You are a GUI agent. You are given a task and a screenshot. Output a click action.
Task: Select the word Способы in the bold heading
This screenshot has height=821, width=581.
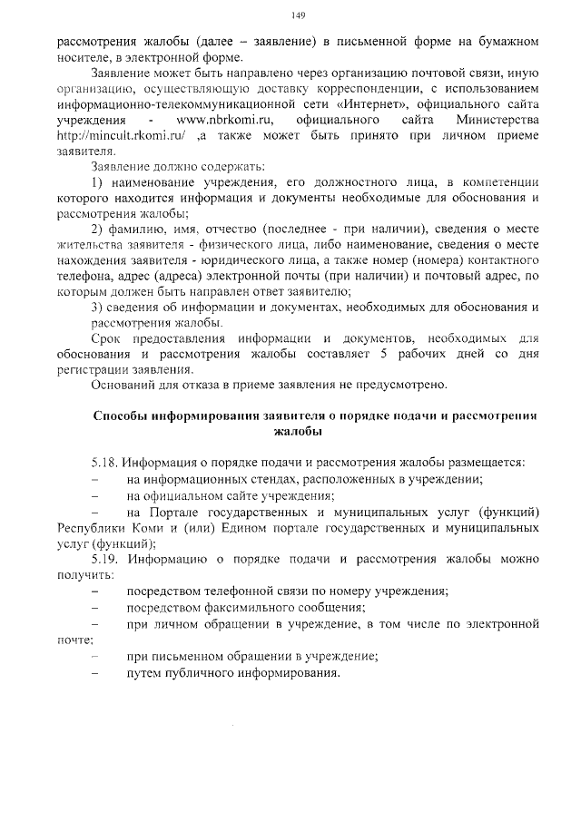click(x=123, y=415)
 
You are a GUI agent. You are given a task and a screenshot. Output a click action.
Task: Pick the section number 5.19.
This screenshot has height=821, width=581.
click(x=106, y=559)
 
